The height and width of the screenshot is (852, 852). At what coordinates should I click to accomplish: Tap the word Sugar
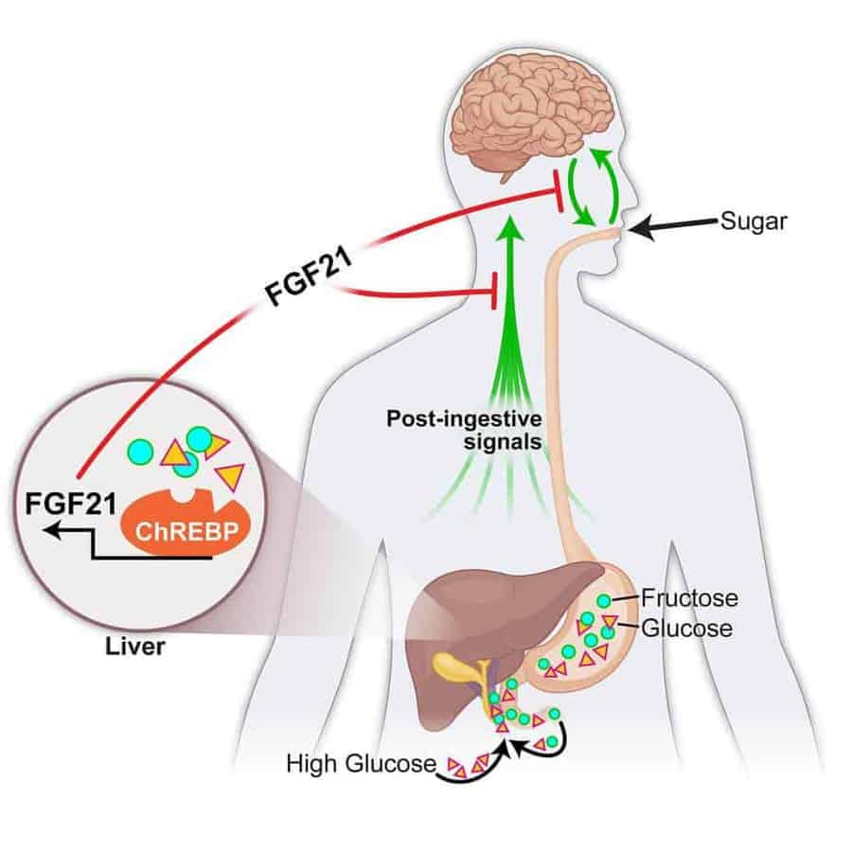(x=753, y=221)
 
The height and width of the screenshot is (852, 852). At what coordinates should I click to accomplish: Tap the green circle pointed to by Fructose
(x=603, y=601)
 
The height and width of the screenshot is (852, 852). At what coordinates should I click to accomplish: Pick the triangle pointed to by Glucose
(x=611, y=622)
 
